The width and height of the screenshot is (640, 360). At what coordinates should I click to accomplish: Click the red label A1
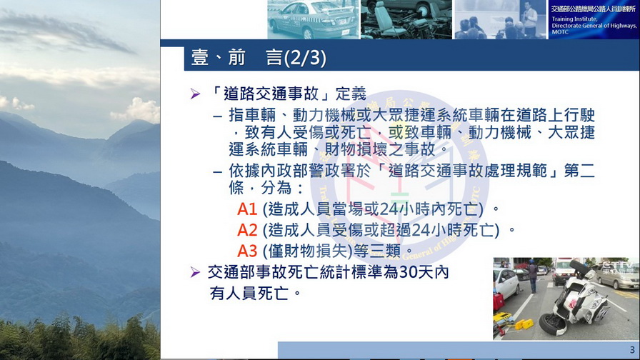pyautogui.click(x=247, y=209)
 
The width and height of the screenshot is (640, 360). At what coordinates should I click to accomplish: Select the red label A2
pyautogui.click(x=247, y=230)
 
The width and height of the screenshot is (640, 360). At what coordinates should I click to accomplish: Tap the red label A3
pyautogui.click(x=247, y=251)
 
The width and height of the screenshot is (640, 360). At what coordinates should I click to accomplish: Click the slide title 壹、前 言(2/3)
pyautogui.click(x=259, y=58)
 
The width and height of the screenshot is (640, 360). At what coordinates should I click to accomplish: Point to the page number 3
pyautogui.click(x=632, y=350)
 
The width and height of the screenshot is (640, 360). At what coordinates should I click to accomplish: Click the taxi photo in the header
pyautogui.click(x=313, y=19)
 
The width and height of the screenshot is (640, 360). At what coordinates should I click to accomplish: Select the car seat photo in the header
pyautogui.click(x=406, y=19)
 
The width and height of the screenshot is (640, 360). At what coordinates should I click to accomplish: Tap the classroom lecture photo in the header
pyautogui.click(x=501, y=19)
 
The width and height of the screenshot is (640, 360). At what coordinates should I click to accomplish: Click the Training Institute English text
pyautogui.click(x=594, y=25)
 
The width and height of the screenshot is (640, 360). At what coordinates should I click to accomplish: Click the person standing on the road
pyautogui.click(x=532, y=276)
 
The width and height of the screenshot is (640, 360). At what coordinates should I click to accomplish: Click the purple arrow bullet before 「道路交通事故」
pyautogui.click(x=195, y=94)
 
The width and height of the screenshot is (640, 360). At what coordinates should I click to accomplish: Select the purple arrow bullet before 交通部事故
pyautogui.click(x=195, y=272)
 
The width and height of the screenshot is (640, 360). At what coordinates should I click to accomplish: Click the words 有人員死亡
pyautogui.click(x=249, y=293)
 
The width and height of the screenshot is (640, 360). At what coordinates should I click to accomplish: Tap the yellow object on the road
pyautogui.click(x=524, y=324)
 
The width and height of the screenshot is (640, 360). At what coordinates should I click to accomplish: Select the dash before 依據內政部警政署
pyautogui.click(x=218, y=171)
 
